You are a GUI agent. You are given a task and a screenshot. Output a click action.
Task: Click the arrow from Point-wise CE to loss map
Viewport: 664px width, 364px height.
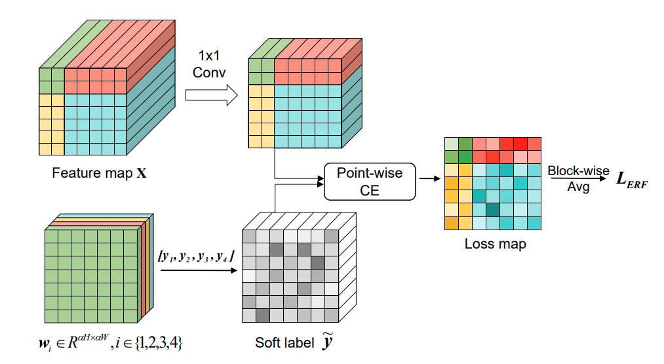click(x=429, y=179)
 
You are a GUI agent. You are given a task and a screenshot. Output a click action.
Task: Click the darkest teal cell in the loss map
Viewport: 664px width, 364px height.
click(x=492, y=209)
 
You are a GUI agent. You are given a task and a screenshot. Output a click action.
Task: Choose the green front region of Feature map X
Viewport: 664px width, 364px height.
click(x=51, y=79)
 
